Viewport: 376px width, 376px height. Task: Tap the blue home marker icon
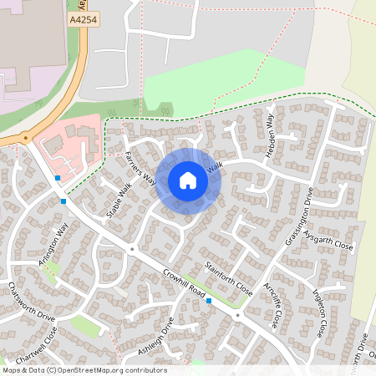(188, 180)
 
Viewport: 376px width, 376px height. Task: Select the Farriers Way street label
(140, 165)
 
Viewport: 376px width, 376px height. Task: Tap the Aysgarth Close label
(328, 241)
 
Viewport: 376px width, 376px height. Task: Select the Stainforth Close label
(228, 277)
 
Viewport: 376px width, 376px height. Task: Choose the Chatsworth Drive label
(31, 302)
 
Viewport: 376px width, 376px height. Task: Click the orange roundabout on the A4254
(25, 138)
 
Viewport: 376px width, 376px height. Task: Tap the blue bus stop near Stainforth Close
(209, 301)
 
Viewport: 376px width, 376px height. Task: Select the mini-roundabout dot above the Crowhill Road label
(133, 249)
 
